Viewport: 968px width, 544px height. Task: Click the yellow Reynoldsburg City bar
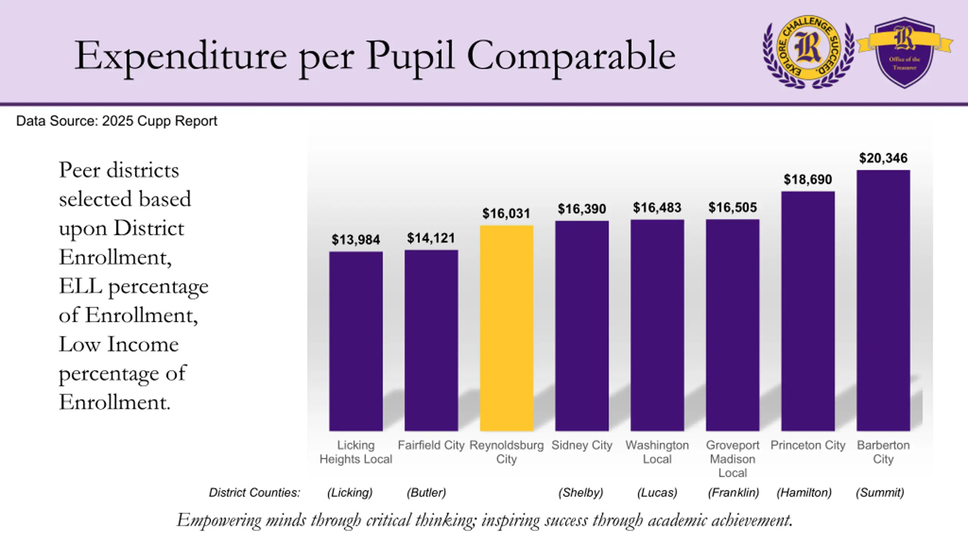(507, 328)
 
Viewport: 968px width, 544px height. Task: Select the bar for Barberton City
(883, 300)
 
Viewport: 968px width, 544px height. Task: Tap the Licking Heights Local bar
(356, 341)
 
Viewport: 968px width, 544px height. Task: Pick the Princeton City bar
(808, 311)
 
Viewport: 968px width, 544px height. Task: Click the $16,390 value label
(582, 209)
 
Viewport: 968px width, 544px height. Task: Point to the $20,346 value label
(883, 158)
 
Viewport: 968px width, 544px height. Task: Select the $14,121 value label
(431, 238)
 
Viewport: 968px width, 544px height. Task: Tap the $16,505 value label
(733, 207)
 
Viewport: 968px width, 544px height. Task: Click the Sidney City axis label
(582, 445)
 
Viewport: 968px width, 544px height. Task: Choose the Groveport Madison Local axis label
(733, 459)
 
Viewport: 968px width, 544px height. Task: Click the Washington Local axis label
(657, 452)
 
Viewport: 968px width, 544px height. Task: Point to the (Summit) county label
(880, 493)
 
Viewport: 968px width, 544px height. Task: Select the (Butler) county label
(427, 493)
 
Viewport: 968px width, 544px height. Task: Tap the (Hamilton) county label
(804, 493)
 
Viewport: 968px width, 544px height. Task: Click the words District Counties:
(254, 493)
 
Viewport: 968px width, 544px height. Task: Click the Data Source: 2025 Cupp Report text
(117, 121)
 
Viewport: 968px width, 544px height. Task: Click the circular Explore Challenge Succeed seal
(808, 52)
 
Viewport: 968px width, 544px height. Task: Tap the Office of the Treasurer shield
(904, 52)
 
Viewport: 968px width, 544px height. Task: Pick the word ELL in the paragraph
(81, 286)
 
